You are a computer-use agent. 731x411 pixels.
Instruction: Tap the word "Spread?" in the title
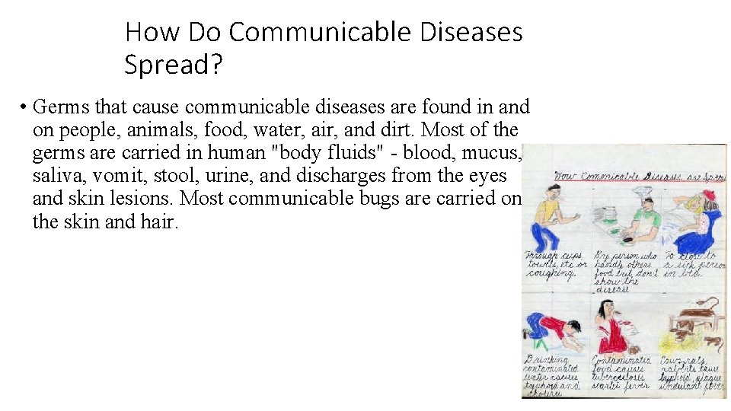coord(174,65)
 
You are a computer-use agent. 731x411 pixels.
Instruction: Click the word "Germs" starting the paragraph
coord(58,107)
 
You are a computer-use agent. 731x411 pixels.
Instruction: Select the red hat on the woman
coord(711,201)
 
